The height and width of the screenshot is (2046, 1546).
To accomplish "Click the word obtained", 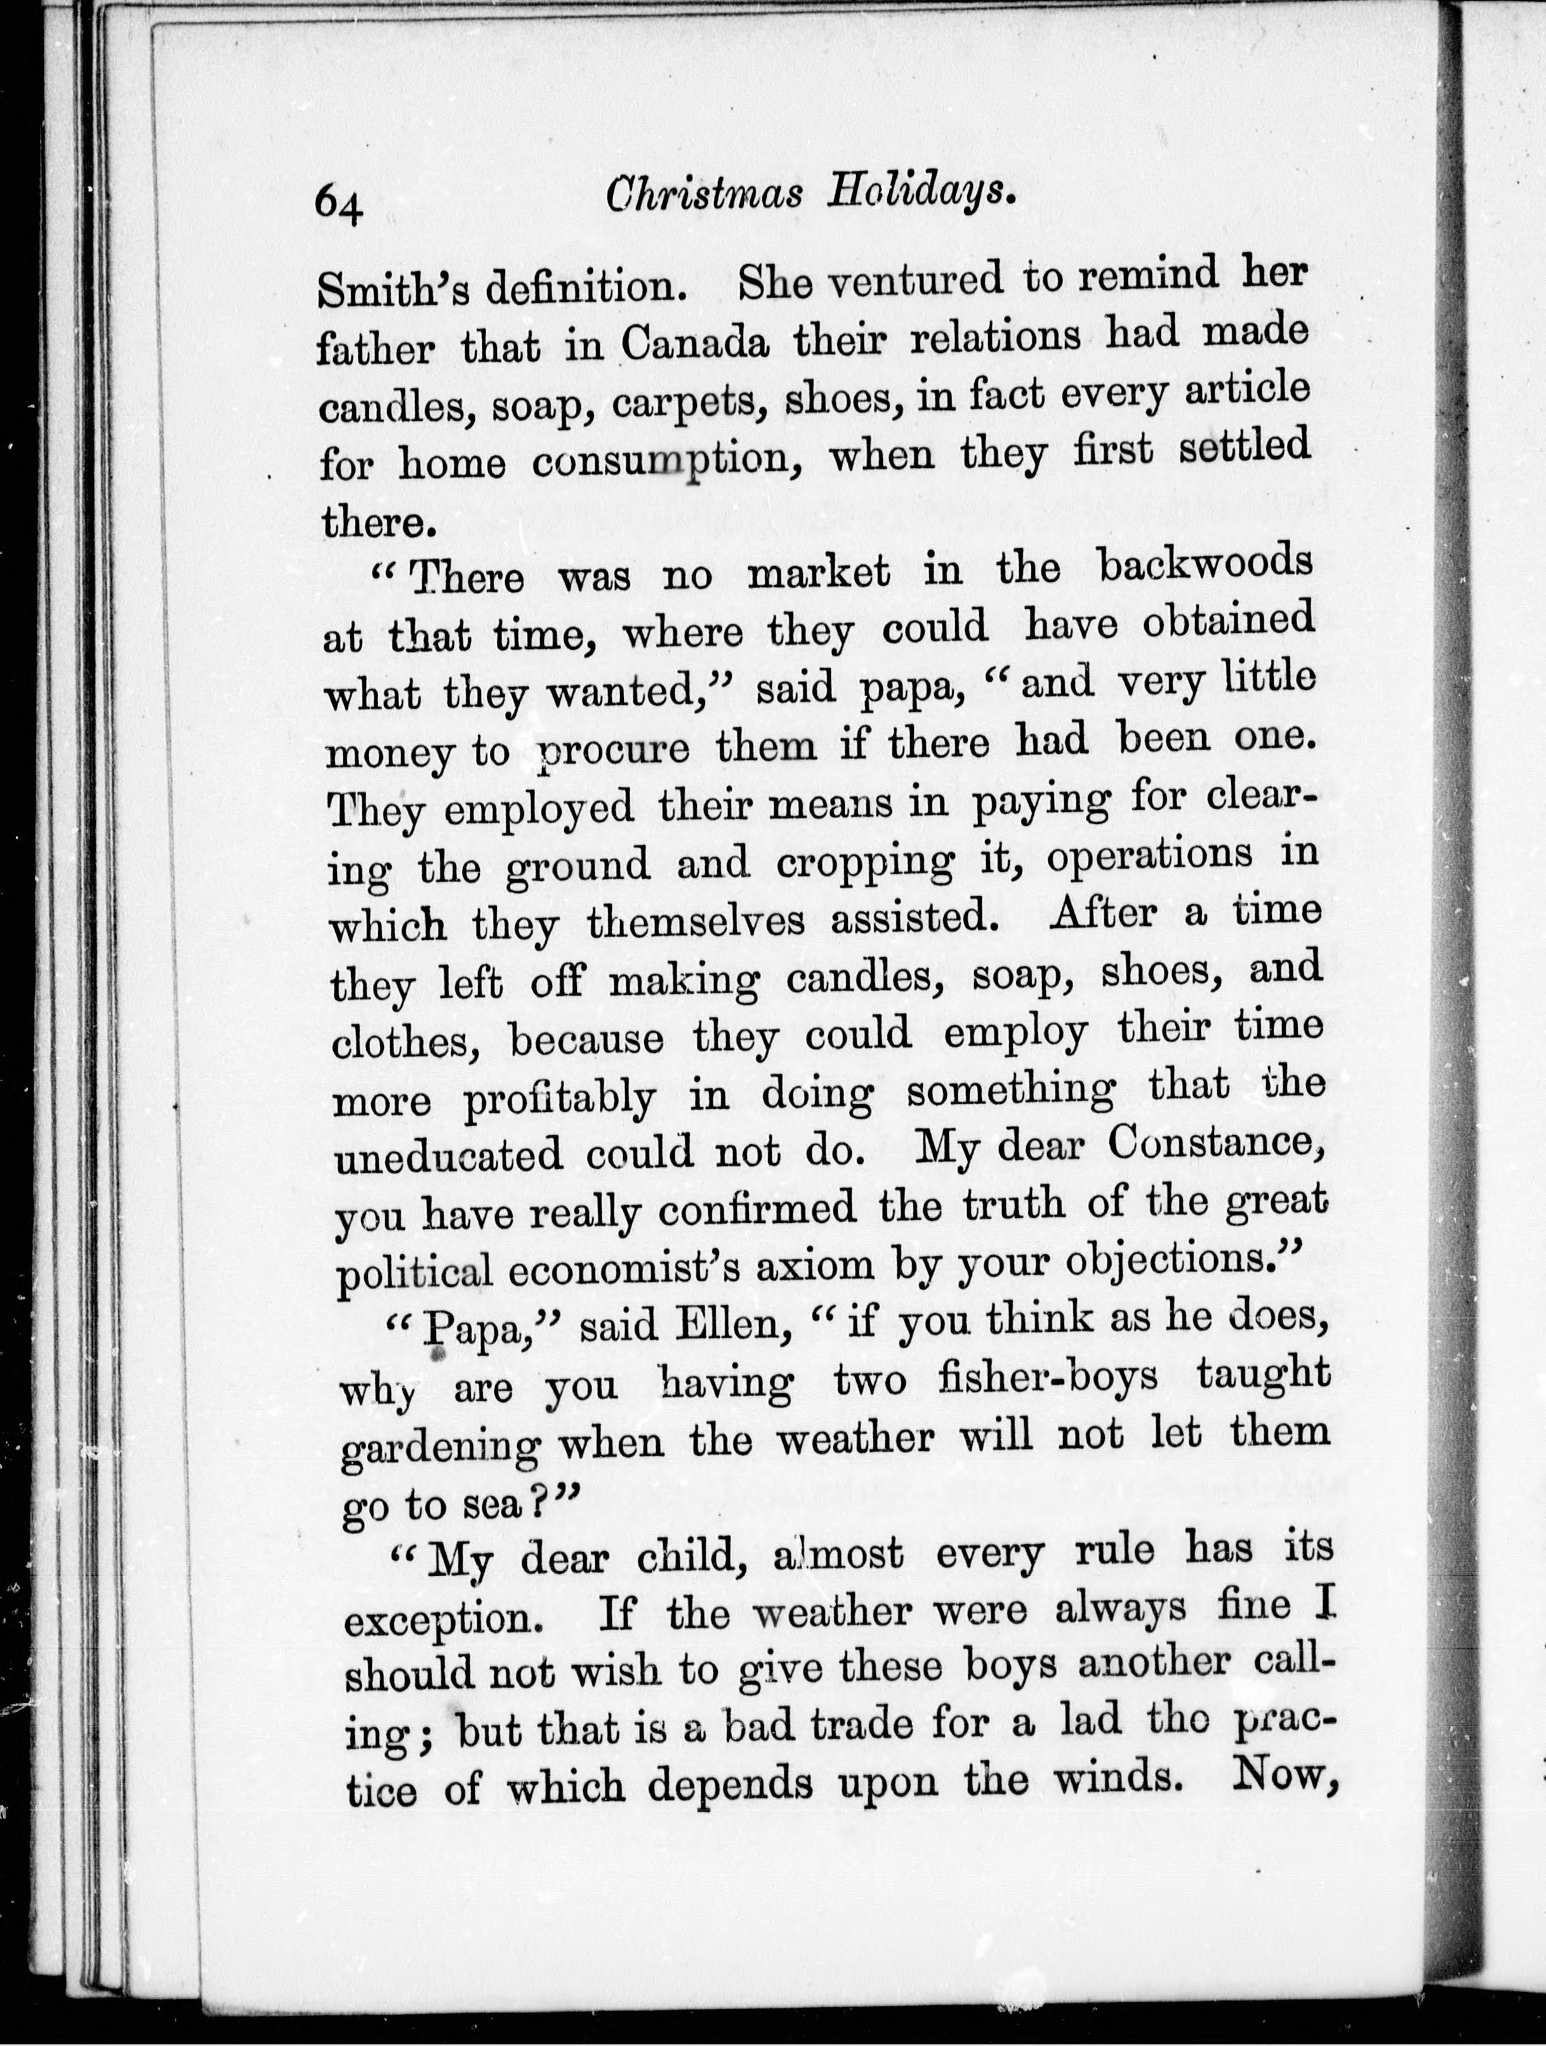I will pos(1229,623).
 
